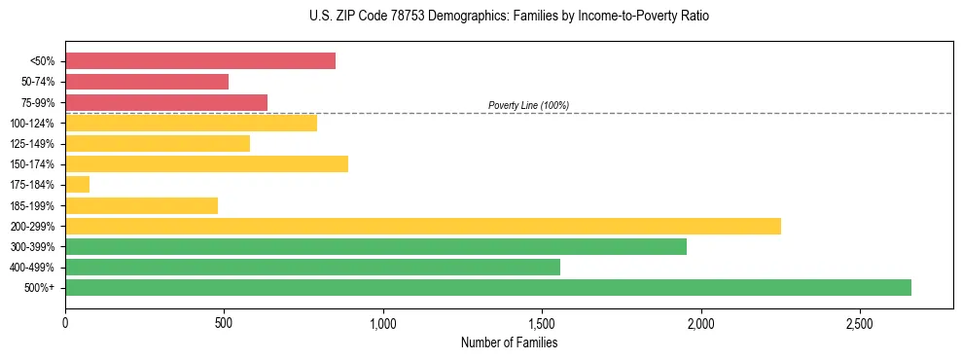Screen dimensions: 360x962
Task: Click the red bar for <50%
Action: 200,61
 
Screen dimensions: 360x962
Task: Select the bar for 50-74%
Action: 147,82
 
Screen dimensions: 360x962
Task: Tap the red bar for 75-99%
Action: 166,102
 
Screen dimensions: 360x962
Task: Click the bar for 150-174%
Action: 206,163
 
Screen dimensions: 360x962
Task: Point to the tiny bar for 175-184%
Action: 78,185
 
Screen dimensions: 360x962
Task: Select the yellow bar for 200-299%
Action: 423,226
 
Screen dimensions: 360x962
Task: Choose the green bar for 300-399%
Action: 375,246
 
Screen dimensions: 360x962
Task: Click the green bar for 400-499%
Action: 312,267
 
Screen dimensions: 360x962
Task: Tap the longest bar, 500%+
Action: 488,287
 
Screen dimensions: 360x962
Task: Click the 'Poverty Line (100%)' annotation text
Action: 528,105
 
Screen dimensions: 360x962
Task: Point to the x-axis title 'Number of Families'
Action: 509,342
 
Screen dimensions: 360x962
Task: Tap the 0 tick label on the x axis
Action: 65,322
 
